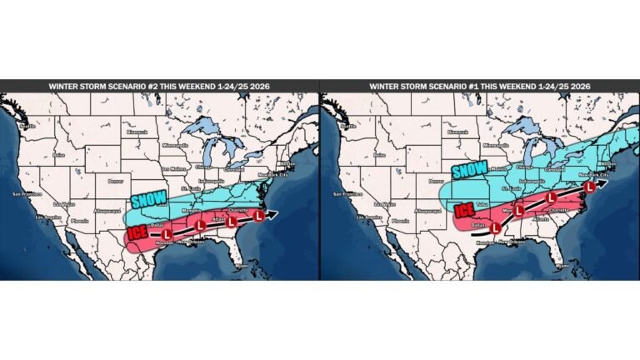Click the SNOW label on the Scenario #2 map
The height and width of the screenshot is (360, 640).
150,201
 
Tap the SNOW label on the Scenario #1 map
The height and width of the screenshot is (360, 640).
470,170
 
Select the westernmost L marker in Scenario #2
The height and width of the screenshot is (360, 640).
167,235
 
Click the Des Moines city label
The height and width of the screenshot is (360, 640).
174,168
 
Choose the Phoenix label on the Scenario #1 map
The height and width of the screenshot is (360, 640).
402,221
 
